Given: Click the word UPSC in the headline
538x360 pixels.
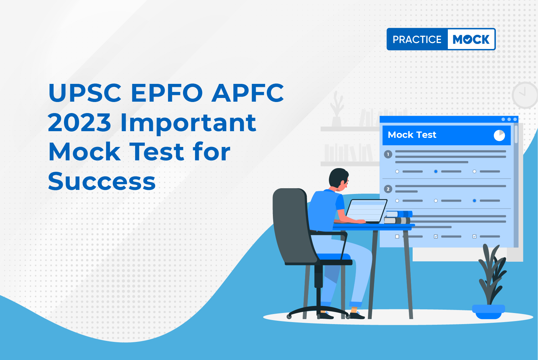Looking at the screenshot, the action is pyautogui.click(x=84, y=93).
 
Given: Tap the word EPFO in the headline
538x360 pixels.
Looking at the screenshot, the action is pyautogui.click(x=167, y=93).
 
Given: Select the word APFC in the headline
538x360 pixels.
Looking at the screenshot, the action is pyautogui.click(x=248, y=93).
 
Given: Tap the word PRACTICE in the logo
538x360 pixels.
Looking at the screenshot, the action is pyautogui.click(x=417, y=39).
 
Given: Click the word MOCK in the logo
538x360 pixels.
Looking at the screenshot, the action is pyautogui.click(x=471, y=39).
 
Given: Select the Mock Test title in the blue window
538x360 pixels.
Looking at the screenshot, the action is pyautogui.click(x=412, y=135).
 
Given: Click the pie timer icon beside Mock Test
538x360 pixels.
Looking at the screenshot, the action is pyautogui.click(x=499, y=135).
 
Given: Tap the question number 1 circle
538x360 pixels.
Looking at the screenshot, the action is pyautogui.click(x=388, y=154).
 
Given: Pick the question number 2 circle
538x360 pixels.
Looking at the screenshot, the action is pyautogui.click(x=388, y=189).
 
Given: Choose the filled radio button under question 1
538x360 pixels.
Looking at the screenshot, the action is pyautogui.click(x=436, y=171).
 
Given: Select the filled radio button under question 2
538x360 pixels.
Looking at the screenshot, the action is pyautogui.click(x=474, y=200).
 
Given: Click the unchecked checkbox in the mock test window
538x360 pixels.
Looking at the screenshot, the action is pyautogui.click(x=397, y=237).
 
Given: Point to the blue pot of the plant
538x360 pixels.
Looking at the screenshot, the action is pyautogui.click(x=488, y=312).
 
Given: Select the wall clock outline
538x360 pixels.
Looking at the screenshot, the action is pyautogui.click(x=525, y=95).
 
